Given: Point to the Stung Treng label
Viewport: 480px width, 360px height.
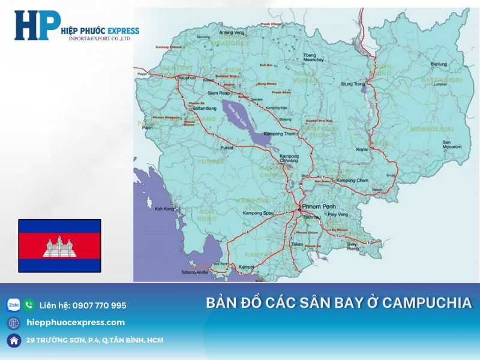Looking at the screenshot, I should [x=352, y=85].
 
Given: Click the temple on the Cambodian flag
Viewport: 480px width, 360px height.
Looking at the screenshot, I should [x=59, y=246].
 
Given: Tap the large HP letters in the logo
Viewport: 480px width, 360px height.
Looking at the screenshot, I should [x=37, y=26].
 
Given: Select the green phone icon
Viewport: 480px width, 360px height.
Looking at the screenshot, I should [x=29, y=305].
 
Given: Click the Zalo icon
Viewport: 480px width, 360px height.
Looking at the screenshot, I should [x=13, y=305].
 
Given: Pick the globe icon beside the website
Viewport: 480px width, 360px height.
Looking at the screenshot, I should [x=13, y=323].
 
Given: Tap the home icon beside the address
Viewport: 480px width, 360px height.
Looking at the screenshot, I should [x=13, y=340].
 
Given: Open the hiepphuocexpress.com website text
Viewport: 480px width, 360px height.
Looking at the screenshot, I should [x=76, y=323].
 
